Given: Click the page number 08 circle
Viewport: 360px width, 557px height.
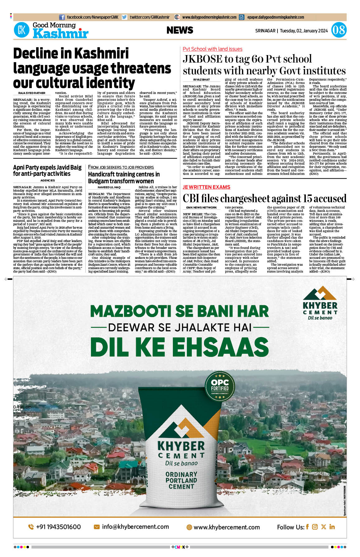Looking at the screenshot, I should click(x=339, y=30).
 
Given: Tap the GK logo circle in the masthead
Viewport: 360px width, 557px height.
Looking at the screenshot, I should click(x=21, y=30).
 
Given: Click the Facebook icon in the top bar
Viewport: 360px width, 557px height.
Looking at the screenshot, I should click(x=62, y=17).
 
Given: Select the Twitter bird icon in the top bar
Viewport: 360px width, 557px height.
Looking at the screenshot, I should click(x=125, y=17).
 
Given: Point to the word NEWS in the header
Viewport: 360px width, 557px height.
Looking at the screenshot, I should click(x=180, y=30).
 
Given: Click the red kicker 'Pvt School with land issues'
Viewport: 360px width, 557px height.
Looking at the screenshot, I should click(x=212, y=49).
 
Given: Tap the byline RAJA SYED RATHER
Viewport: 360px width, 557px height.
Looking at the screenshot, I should click(x=32, y=93).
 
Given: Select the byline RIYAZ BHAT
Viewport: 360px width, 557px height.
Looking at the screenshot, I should click(x=201, y=80).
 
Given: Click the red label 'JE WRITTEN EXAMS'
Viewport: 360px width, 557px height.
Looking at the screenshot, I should click(x=206, y=187).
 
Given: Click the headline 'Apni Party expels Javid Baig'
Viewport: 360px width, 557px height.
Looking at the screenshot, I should click(x=47, y=167).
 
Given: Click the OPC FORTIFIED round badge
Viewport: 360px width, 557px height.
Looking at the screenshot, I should click(x=220, y=386).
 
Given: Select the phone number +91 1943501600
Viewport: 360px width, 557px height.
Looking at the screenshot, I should click(x=58, y=527).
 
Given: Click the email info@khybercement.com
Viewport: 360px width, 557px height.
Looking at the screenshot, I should click(x=135, y=527).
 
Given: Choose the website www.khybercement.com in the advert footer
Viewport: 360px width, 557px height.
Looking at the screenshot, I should click(x=226, y=527).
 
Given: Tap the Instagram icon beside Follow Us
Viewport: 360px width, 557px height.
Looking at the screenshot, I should click(x=315, y=527).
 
